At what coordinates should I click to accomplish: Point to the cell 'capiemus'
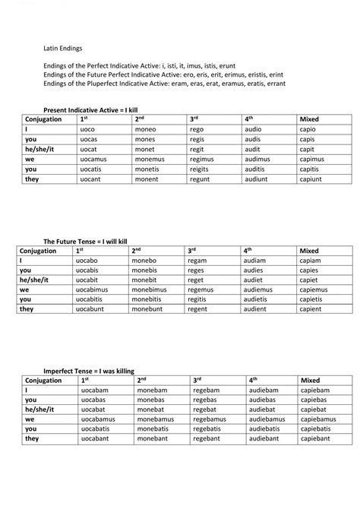pyautogui.click(x=314, y=289)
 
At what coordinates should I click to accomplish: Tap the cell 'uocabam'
pyautogui.click(x=94, y=390)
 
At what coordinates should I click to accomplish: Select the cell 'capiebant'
pyautogui.click(x=317, y=439)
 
